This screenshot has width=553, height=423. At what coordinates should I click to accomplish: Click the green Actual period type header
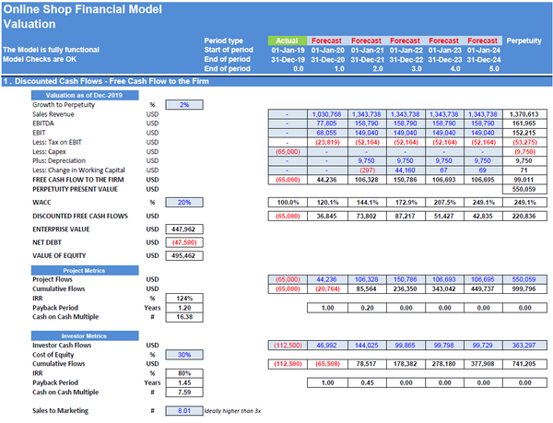pyautogui.click(x=288, y=41)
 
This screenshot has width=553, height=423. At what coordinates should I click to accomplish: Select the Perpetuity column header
pyautogui.click(x=524, y=41)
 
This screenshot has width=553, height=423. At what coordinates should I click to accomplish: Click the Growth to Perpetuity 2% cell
pyautogui.click(x=185, y=104)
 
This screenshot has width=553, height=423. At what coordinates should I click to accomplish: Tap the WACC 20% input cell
pyautogui.click(x=185, y=201)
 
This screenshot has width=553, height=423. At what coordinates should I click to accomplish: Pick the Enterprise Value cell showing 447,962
pyautogui.click(x=185, y=228)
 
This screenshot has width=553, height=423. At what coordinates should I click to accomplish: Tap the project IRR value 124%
pyautogui.click(x=185, y=298)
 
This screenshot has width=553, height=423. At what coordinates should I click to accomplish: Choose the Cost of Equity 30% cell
pyautogui.click(x=185, y=355)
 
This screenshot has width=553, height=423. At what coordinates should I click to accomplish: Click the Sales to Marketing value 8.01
pyautogui.click(x=185, y=410)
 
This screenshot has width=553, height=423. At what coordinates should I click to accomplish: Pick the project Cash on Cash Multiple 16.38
pyautogui.click(x=185, y=316)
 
